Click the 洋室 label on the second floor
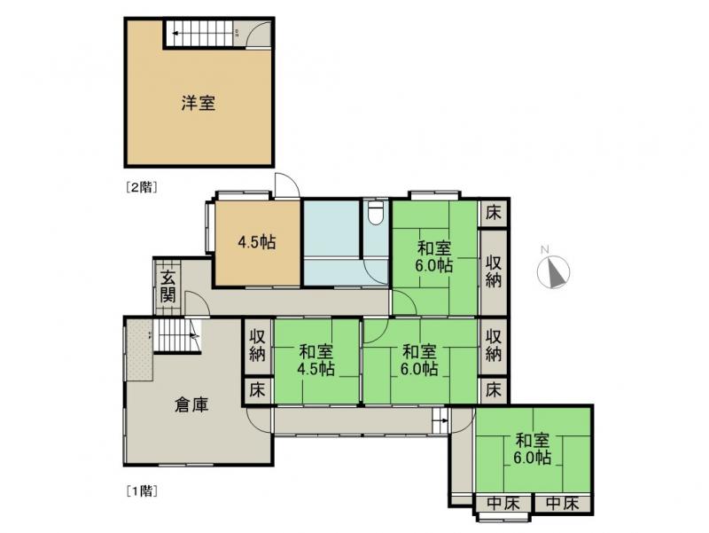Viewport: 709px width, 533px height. (x=198, y=104)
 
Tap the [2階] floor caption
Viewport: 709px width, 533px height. (x=142, y=187)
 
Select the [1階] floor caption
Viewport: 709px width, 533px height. (x=142, y=490)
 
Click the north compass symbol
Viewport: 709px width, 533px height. (x=553, y=271)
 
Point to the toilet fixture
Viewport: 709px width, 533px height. (x=376, y=213)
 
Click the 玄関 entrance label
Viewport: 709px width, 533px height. (x=168, y=286)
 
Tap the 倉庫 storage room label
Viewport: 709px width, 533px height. (x=191, y=405)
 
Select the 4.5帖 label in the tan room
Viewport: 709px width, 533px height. (x=257, y=242)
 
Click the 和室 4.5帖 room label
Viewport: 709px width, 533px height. (x=316, y=361)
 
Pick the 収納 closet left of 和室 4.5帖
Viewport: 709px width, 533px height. (x=257, y=347)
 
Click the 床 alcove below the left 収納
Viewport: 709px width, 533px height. (x=257, y=390)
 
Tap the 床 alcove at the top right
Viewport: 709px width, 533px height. (x=494, y=213)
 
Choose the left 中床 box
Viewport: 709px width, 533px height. (x=503, y=504)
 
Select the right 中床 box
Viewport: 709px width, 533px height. (x=563, y=504)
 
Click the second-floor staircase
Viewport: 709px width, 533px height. (x=199, y=33)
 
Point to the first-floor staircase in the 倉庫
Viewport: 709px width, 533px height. (x=177, y=335)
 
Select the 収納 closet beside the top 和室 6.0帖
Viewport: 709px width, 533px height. (x=494, y=272)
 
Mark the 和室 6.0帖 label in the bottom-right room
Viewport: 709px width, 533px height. (x=533, y=449)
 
